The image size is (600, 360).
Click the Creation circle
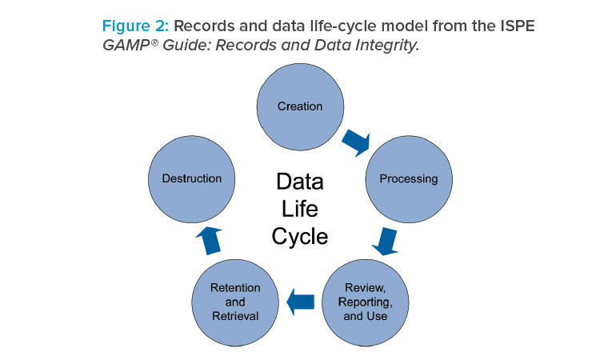tap(300, 106)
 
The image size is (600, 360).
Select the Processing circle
tap(409, 179)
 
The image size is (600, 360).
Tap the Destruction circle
tap(192, 179)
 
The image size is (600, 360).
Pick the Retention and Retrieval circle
tap(235, 302)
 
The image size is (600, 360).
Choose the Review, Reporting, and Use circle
tap(366, 302)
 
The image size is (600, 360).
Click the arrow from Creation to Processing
tap(357, 142)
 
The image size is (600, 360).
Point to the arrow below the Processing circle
tap(386, 241)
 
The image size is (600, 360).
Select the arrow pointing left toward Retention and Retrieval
tap(300, 302)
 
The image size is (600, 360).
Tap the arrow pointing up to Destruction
tap(210, 240)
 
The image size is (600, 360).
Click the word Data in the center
tap(300, 182)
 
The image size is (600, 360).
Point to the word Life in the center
tap(300, 209)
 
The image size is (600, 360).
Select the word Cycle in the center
tap(300, 237)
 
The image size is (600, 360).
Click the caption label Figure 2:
tap(135, 26)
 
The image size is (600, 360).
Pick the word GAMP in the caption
tap(126, 45)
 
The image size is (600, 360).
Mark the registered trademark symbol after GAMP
tap(154, 42)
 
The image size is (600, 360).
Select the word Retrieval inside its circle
tap(235, 316)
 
